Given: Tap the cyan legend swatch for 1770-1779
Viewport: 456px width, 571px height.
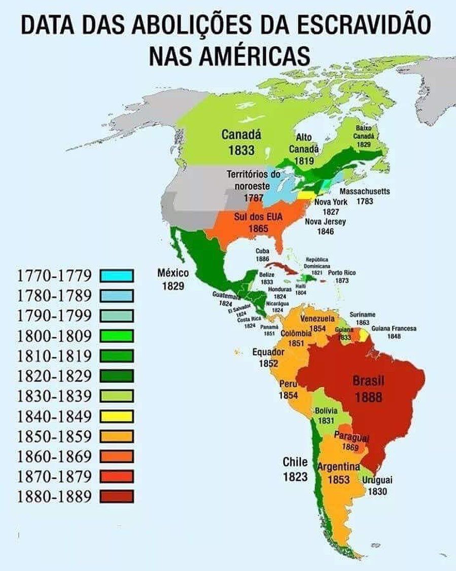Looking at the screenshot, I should point(117,275).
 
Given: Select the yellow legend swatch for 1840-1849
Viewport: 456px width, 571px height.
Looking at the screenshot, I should point(117,416).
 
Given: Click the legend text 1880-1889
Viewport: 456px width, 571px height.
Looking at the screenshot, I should point(54,496).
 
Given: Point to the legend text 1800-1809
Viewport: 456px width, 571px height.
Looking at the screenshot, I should point(54,336).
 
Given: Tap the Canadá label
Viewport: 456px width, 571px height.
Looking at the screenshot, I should point(241,135).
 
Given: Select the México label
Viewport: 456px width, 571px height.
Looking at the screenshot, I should point(173,273).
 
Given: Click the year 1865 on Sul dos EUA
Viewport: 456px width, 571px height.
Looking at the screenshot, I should point(258,229).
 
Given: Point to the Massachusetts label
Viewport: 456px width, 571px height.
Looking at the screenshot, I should point(365,192).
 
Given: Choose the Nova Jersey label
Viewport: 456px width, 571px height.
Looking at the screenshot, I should point(325,221).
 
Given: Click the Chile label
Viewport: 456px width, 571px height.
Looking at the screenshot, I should point(295,462).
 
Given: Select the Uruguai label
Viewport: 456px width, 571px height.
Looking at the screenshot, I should point(377,480).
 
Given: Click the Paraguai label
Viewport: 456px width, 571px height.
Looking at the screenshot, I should point(351,438).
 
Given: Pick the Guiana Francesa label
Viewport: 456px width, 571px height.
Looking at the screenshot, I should point(394,329).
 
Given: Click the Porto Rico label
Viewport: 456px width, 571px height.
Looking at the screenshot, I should point(342,273).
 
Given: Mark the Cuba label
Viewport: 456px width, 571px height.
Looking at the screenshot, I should point(262,251).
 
